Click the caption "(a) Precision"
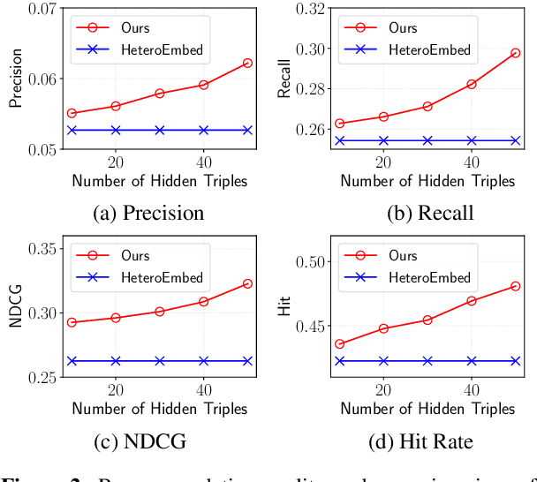[149, 214]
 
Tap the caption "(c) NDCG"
[149, 441]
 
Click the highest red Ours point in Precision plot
[247, 64]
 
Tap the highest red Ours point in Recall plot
[516, 53]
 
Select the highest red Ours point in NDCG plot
[247, 283]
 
